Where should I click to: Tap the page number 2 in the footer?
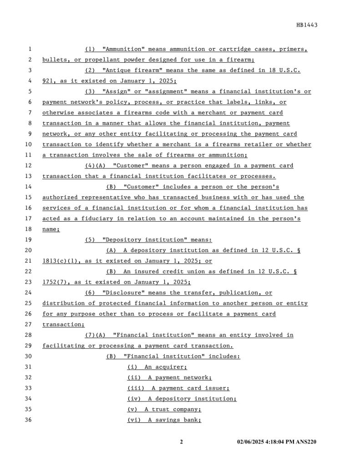pos(181,442)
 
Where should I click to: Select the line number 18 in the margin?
pos(29,229)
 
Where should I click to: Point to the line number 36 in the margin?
pos(29,420)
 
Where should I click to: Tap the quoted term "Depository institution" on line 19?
pos(143,240)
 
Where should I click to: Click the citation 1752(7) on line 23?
pos(55,282)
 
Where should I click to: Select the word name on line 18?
pos(50,229)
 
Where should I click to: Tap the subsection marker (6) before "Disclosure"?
pos(90,293)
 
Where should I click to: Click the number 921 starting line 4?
pos(48,81)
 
